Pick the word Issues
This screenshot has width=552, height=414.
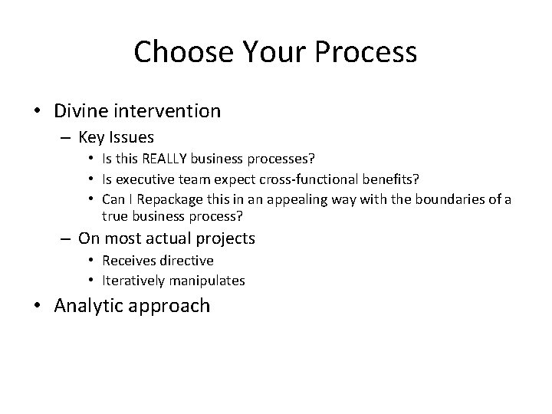tap(131, 138)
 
